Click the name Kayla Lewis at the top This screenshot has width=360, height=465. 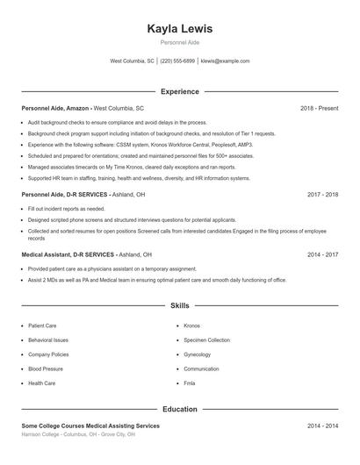click(180, 29)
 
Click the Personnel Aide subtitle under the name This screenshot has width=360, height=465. click(180, 42)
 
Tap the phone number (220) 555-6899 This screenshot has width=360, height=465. click(178, 61)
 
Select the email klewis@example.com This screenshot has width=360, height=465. click(226, 61)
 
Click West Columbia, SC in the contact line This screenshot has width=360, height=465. click(132, 61)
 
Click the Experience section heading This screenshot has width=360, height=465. click(180, 91)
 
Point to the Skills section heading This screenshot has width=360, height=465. click(180, 306)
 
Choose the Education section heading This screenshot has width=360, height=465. click(180, 409)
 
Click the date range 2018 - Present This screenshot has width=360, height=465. click(319, 108)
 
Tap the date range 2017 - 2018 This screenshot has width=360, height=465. click(322, 194)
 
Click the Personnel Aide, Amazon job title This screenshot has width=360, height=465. click(55, 108)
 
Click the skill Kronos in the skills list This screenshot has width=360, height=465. click(192, 325)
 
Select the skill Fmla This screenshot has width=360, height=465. click(190, 383)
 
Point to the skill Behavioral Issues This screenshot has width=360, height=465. click(48, 340)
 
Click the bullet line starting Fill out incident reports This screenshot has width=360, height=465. click(66, 209)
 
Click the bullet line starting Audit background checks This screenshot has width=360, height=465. click(117, 123)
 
